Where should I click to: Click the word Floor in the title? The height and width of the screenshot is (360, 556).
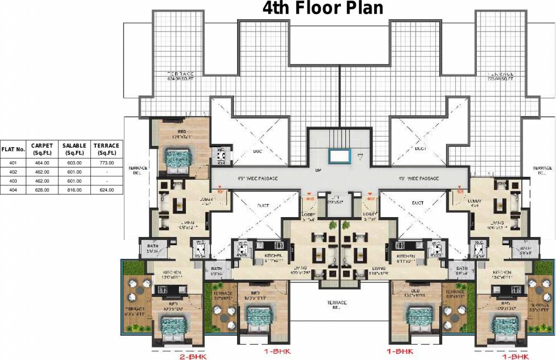pyautogui.click(x=322, y=8)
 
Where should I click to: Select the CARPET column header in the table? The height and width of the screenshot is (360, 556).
pyautogui.click(x=42, y=149)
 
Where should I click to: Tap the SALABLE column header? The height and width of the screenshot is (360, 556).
pyautogui.click(x=74, y=149)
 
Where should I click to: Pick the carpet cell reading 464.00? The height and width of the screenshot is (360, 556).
pyautogui.click(x=42, y=163)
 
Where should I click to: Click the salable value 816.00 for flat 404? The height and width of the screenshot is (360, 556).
pyautogui.click(x=74, y=190)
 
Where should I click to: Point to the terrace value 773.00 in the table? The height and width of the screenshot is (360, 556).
pyautogui.click(x=106, y=163)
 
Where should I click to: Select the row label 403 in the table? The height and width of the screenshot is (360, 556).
pyautogui.click(x=13, y=181)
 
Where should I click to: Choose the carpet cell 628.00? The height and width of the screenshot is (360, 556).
pyautogui.click(x=42, y=190)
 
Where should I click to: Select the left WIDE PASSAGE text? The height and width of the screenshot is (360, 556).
pyautogui.click(x=258, y=179)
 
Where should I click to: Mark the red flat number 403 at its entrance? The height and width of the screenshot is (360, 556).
pyautogui.click(x=309, y=198)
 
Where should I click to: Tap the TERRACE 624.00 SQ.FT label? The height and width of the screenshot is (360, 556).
pyautogui.click(x=180, y=76)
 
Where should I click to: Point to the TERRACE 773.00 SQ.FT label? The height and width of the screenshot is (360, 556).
pyautogui.click(x=500, y=76)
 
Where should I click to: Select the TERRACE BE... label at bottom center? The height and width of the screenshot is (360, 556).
pyautogui.click(x=337, y=305)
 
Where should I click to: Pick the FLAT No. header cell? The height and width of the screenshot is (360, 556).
pyautogui.click(x=13, y=150)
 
